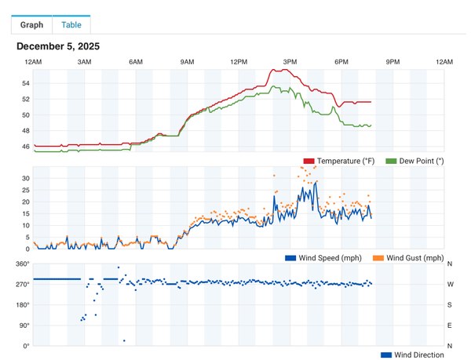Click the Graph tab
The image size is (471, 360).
31,24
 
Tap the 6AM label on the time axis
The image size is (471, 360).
136,61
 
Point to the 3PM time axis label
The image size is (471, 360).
290,61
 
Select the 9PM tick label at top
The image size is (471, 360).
392,61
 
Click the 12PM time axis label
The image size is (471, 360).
239,61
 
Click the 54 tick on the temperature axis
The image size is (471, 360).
25,83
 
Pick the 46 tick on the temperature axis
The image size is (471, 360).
25,147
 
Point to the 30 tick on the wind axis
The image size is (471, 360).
25,178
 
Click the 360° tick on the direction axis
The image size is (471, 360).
22,264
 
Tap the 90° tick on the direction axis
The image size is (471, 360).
24,325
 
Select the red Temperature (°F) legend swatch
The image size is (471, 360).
309,161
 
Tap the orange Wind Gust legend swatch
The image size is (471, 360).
378,258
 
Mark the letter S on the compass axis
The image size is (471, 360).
450,304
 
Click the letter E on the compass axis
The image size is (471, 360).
450,325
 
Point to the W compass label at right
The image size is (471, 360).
450,284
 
